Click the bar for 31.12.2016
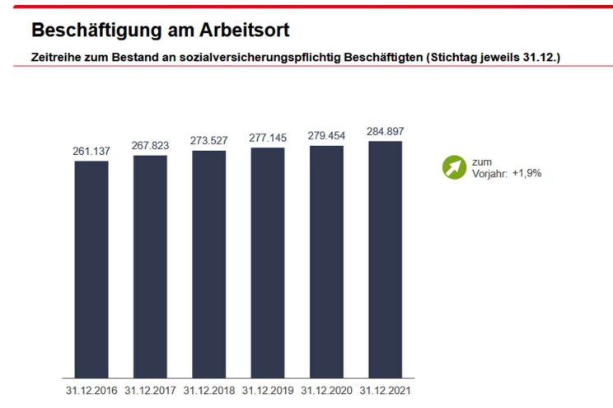tap(91, 269)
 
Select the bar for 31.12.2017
tap(150, 266)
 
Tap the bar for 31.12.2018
tap(209, 264)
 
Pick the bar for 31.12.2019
tap(268, 262)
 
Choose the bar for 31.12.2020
tap(326, 261)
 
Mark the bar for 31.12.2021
tap(385, 259)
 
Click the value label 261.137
tap(91, 152)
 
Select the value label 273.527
tap(209, 141)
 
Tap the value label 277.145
tap(268, 138)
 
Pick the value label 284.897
tap(385, 131)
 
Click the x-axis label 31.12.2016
tap(91, 390)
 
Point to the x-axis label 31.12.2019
tap(268, 390)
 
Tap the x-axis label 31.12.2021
tap(385, 390)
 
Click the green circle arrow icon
tap(454, 167)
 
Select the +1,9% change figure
tap(526, 173)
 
